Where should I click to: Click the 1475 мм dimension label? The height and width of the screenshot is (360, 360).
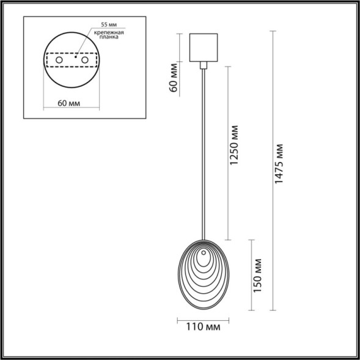coord(279,164)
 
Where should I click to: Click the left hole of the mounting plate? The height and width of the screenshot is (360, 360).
coord(59,61)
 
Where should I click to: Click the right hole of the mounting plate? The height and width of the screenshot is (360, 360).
coord(85,61)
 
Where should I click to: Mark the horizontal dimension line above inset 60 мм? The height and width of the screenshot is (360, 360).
coord(70,94)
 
